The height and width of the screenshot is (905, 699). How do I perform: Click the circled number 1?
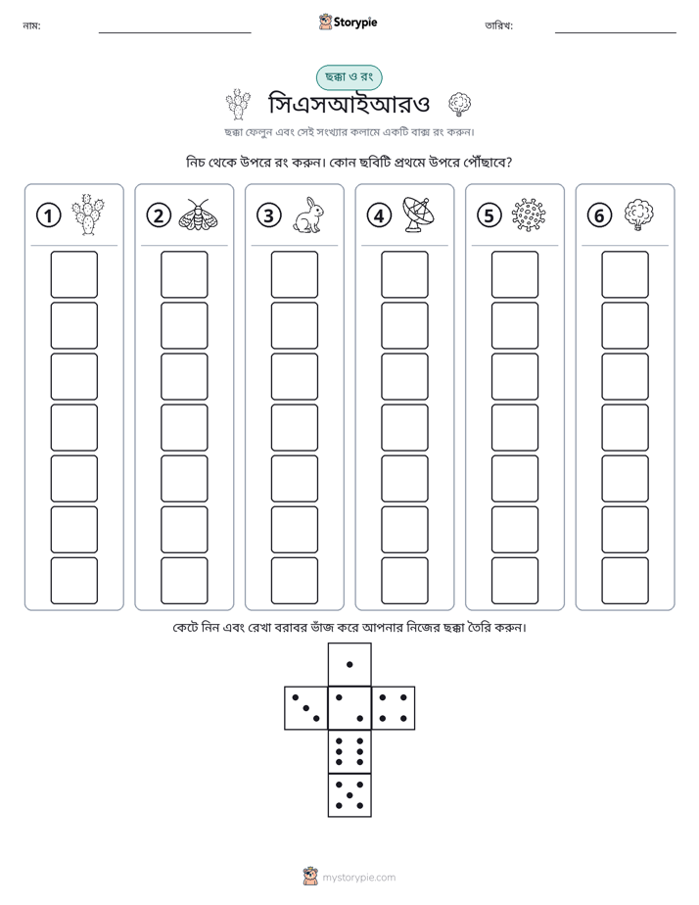point(48,215)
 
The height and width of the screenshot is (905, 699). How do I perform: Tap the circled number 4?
point(379,215)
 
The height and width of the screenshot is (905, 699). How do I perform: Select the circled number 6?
point(599,215)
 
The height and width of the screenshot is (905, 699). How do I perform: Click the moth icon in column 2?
point(198,214)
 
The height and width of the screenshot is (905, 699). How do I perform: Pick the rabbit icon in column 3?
point(308,215)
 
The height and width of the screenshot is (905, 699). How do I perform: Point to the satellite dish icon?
point(418,214)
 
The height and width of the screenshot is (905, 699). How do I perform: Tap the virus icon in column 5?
point(529,215)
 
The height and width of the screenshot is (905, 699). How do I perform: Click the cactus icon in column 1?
point(88,214)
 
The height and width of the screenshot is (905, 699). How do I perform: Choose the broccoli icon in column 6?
point(638,214)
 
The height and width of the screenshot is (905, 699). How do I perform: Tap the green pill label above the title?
point(349,77)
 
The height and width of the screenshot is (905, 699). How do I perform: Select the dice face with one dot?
point(349,664)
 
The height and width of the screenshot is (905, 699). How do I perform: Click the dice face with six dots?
point(349,751)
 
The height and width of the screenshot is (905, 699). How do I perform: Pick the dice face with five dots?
point(349,795)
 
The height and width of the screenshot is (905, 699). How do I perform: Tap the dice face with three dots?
point(305,707)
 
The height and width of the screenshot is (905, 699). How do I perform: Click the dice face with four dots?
point(394,707)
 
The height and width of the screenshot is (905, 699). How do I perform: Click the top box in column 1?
point(73,274)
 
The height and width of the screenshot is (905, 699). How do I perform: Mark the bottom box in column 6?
point(626,581)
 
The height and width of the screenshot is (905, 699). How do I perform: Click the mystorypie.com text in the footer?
point(358,878)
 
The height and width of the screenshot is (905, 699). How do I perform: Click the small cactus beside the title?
point(237,104)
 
